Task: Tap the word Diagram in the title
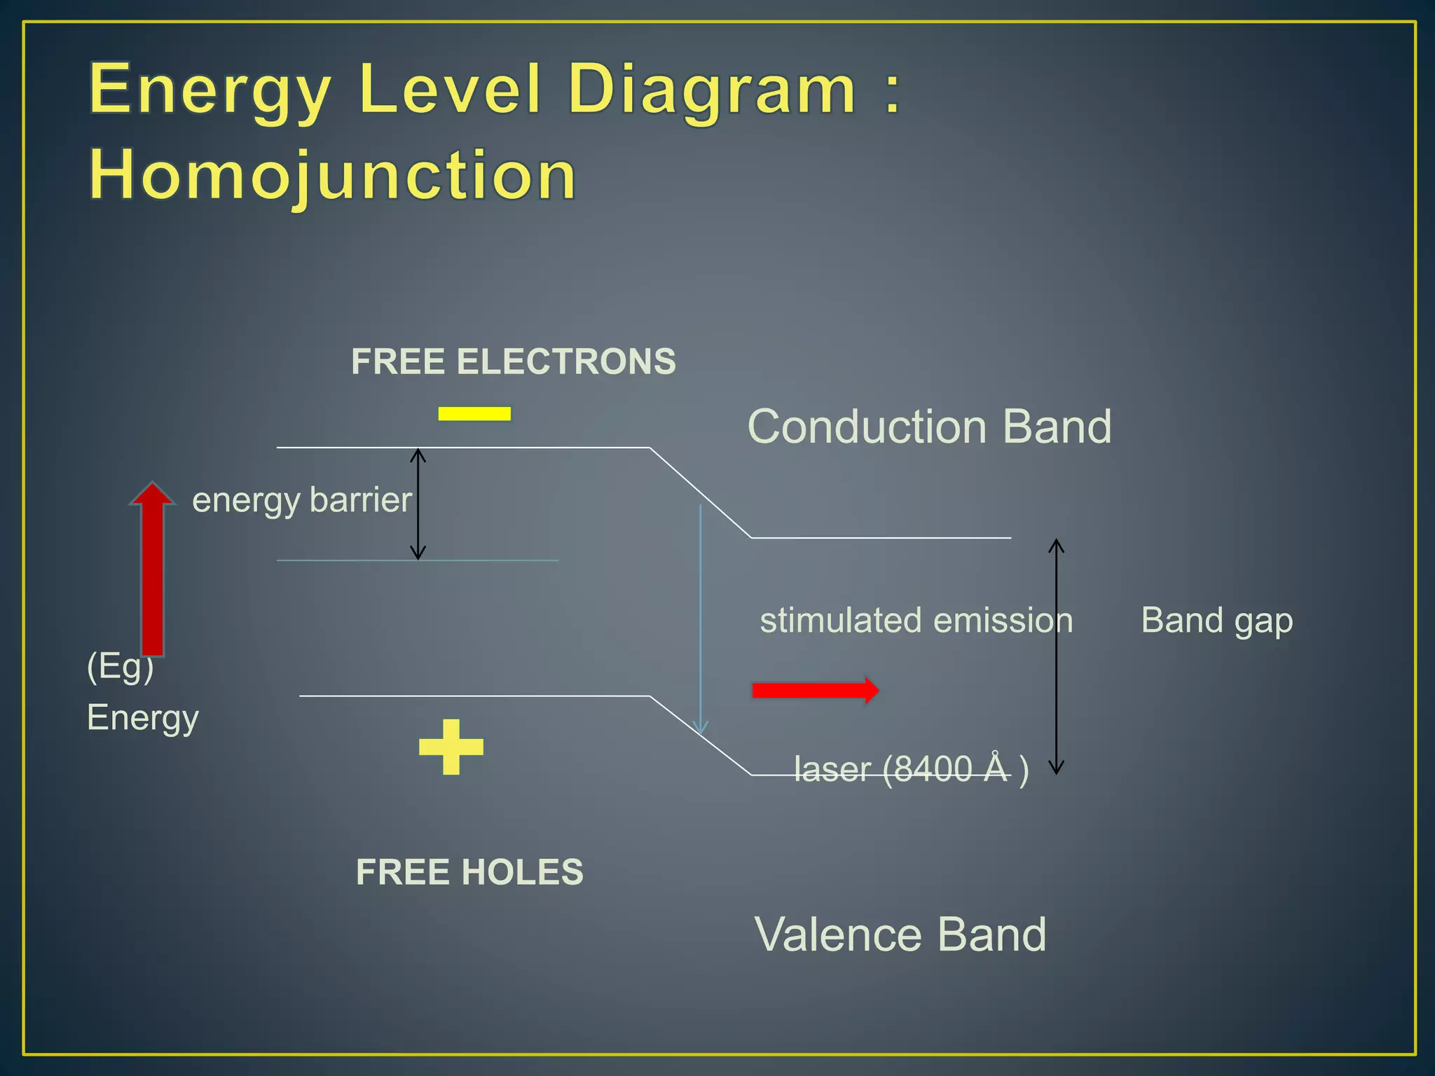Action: [x=711, y=90]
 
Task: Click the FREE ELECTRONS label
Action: [x=514, y=361]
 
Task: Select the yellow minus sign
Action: [x=474, y=413]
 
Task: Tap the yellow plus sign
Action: [x=451, y=747]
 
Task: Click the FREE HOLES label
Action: [x=469, y=872]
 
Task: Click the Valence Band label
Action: [x=900, y=934]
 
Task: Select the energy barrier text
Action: [x=302, y=500]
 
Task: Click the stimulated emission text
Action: [x=916, y=621]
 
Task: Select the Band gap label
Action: [x=1216, y=621]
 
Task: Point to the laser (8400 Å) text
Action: [x=911, y=769]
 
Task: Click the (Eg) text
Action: [x=120, y=665]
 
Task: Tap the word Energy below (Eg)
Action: [x=143, y=718]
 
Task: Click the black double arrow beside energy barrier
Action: [x=418, y=504]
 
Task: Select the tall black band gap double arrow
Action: [x=1056, y=656]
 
